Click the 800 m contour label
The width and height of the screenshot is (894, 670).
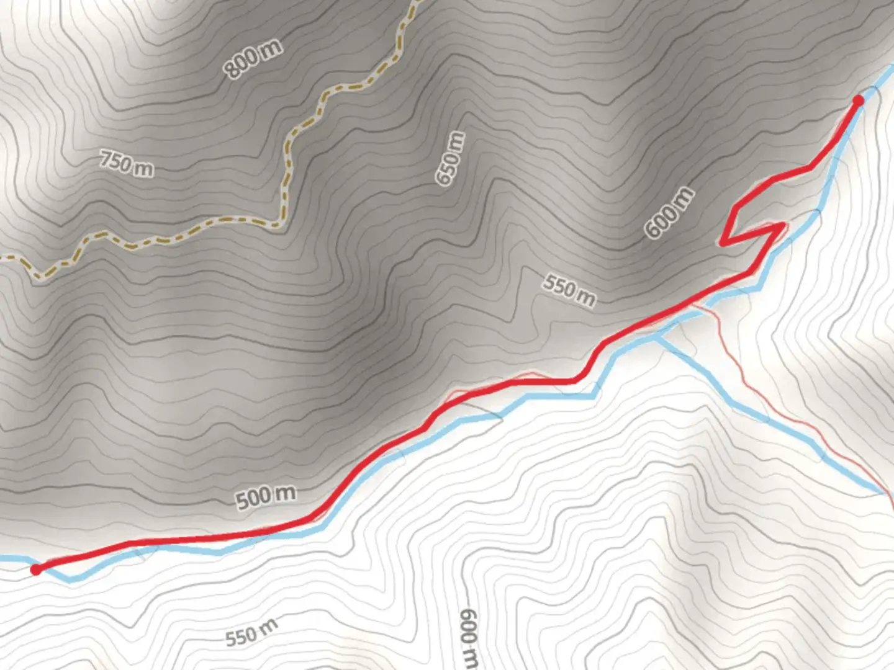click(x=253, y=58)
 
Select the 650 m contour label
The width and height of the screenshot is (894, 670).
click(x=450, y=158)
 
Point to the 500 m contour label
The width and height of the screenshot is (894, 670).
click(x=266, y=496)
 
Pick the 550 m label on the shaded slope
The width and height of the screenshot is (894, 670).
click(x=569, y=290)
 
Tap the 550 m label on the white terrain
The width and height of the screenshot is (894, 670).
click(x=251, y=633)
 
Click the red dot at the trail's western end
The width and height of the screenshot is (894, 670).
click(x=36, y=569)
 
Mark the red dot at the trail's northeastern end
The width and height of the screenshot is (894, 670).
click(x=859, y=100)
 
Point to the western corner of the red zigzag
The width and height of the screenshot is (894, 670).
click(x=723, y=242)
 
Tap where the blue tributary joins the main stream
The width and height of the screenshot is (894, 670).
click(x=656, y=337)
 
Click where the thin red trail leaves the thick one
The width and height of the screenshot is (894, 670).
click(x=692, y=304)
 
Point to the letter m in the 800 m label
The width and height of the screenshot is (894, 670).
click(x=271, y=48)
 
